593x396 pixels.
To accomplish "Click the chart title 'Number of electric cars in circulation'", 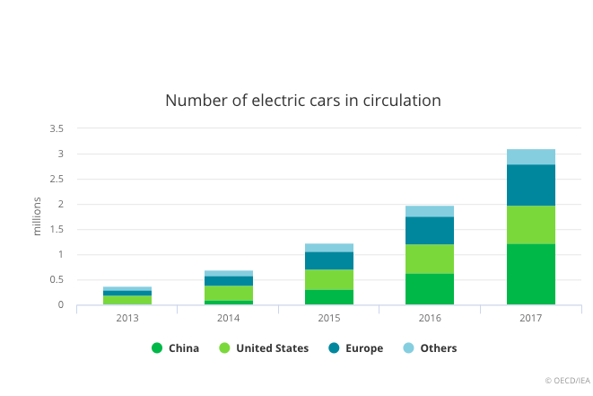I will tap(302, 100).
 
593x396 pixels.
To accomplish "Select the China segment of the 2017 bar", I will tap(531, 274).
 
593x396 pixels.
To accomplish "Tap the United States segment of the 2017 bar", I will tap(531, 224).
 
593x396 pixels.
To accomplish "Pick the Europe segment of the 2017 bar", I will tap(531, 185).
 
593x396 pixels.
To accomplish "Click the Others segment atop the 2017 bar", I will tap(531, 157).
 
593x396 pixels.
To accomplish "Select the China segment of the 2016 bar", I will tap(430, 289).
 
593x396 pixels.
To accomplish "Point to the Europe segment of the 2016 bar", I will tap(430, 231).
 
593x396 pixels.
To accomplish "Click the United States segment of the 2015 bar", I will tap(329, 279).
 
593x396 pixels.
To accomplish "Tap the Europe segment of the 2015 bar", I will tap(329, 260).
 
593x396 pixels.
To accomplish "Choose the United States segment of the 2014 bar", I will tap(228, 293).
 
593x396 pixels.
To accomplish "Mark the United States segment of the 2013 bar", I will tap(127, 300).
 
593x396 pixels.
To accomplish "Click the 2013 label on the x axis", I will tap(127, 319).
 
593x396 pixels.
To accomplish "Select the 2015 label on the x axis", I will tap(329, 319).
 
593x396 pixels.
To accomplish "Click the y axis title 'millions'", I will tap(37, 216).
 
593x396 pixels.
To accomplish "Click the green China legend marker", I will tap(157, 348).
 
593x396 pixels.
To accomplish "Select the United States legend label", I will tap(272, 348).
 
